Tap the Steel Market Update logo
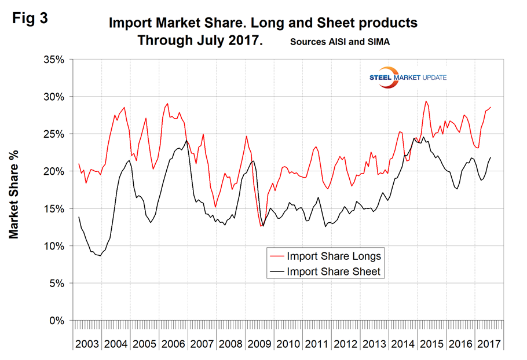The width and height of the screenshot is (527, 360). tap(408, 78)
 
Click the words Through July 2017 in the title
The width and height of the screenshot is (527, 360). tap(199, 42)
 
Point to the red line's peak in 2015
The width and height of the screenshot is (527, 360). tap(426, 101)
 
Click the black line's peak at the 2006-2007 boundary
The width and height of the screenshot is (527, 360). tap(186, 141)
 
